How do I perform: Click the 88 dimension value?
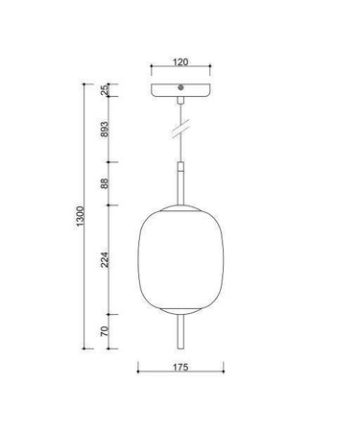[x=106, y=181]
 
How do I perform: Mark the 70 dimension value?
[x=106, y=331]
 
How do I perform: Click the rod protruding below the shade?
[x=180, y=331]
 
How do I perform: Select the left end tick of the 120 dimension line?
[x=153, y=69]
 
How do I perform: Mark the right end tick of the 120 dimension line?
[x=208, y=69]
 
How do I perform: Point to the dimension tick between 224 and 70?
[x=113, y=313]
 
